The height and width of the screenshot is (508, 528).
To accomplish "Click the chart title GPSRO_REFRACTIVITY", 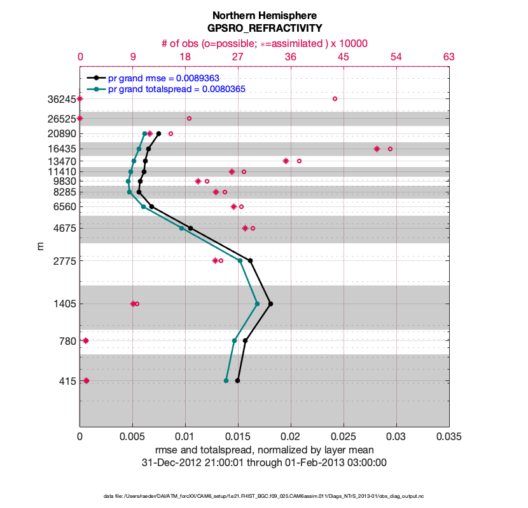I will click(x=264, y=28).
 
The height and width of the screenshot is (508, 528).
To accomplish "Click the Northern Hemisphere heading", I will click(x=264, y=15).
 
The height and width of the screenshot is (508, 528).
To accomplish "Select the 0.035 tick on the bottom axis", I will click(x=448, y=438).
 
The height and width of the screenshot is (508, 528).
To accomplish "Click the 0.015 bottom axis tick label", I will click(x=238, y=438).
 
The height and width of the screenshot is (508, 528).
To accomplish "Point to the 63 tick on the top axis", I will click(x=448, y=57).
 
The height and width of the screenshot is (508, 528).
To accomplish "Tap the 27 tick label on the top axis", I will click(x=238, y=57).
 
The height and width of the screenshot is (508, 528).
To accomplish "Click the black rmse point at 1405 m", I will click(x=270, y=304).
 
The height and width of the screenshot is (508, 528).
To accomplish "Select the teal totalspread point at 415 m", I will click(x=226, y=380).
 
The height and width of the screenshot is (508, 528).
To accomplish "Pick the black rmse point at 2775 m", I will click(x=250, y=260).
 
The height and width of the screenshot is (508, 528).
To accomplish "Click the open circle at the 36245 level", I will click(x=335, y=98).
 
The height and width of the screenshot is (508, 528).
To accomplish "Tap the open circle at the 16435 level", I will click(x=390, y=149).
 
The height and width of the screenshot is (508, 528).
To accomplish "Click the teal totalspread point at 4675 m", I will click(x=182, y=228).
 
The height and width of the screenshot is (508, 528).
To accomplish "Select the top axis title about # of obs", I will click(x=264, y=43).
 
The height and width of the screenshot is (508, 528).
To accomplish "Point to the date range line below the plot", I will click(x=264, y=462).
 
